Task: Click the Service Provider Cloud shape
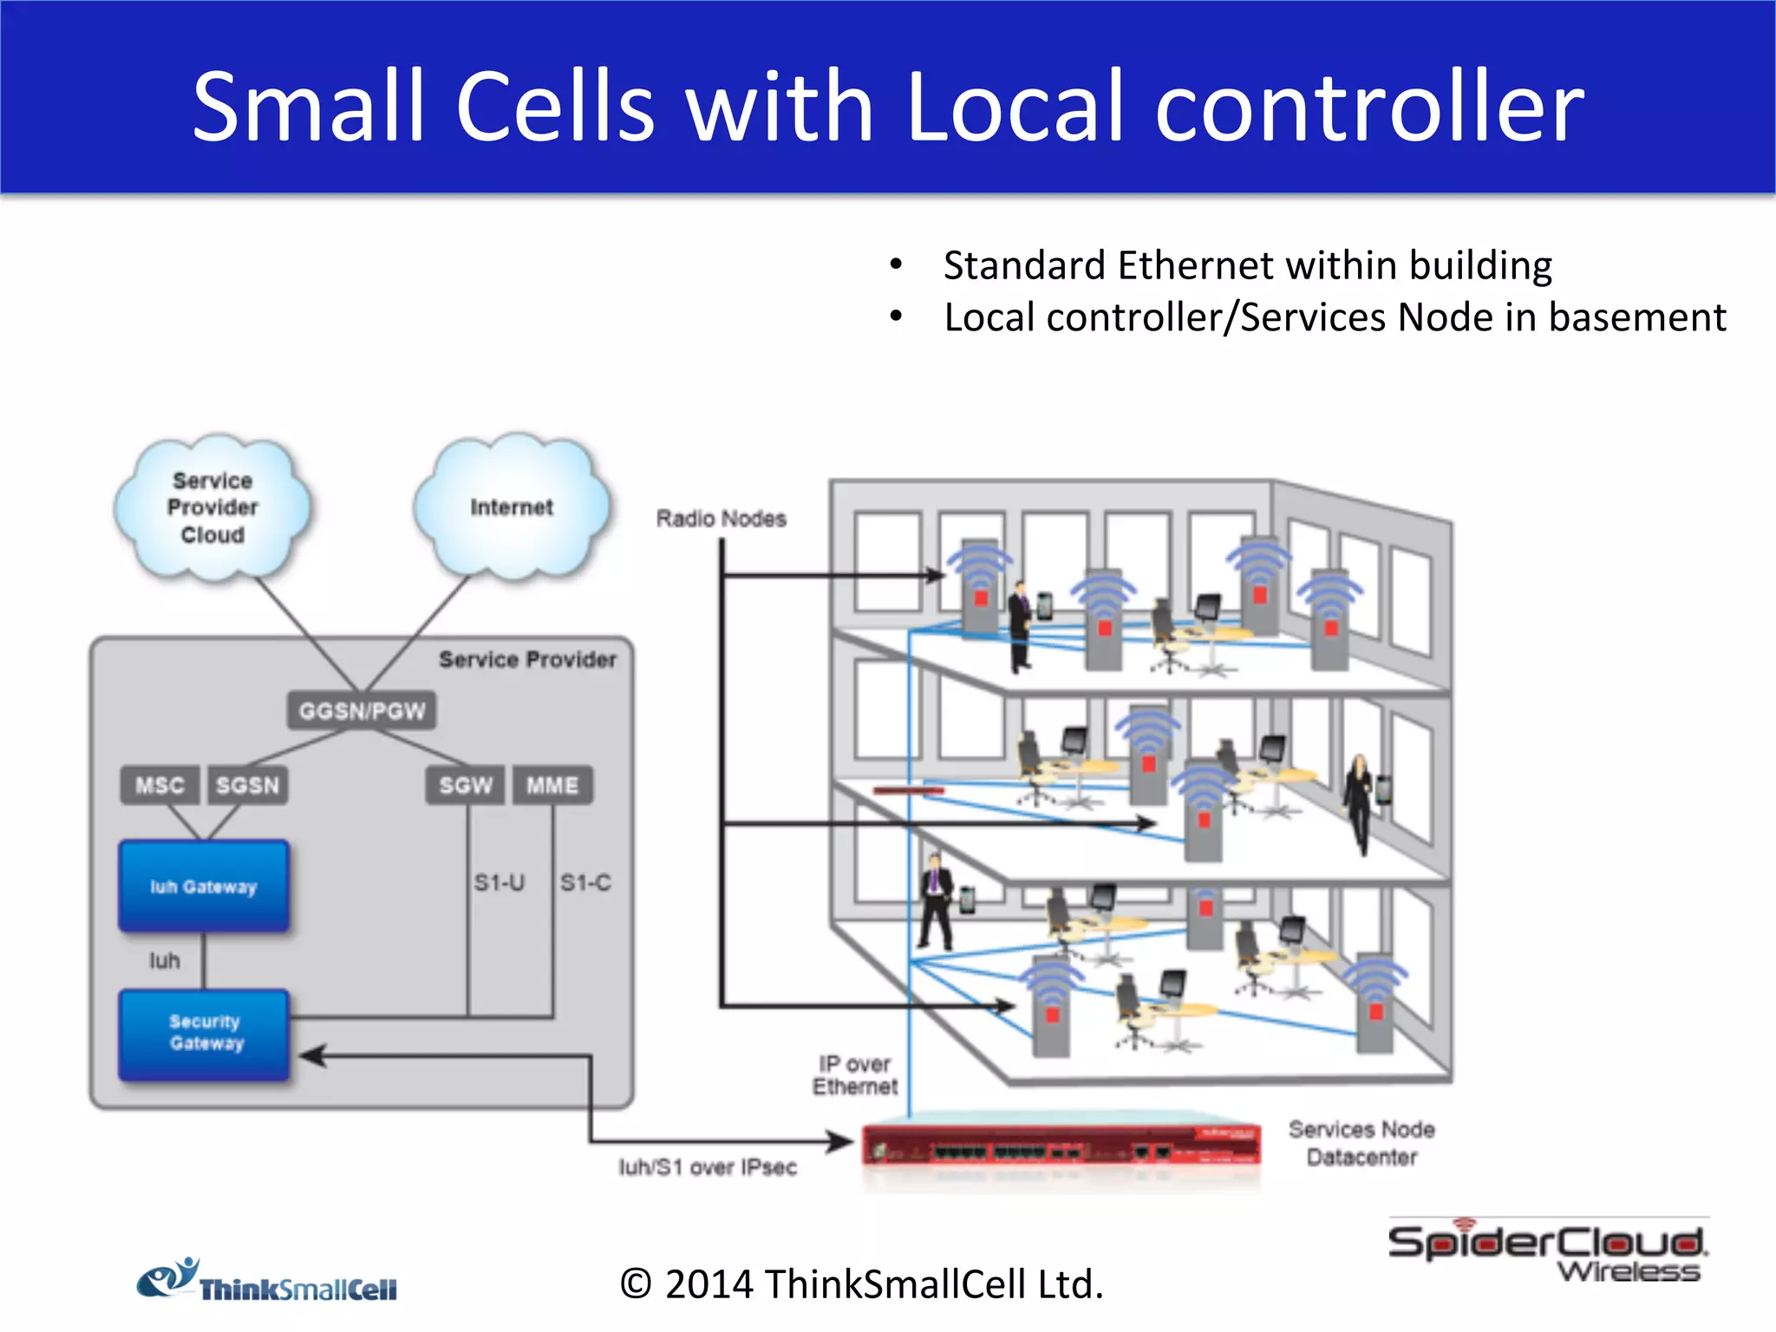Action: (x=212, y=508)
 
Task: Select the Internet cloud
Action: (x=512, y=508)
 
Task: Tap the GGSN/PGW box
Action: (x=362, y=711)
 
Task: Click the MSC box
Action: (x=160, y=786)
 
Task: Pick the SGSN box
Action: (x=248, y=786)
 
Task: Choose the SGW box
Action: (x=466, y=786)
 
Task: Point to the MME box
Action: (x=552, y=786)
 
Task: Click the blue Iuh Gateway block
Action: (x=204, y=886)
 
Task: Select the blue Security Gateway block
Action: (x=205, y=1034)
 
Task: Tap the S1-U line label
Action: (x=499, y=883)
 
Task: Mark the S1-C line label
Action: (x=585, y=883)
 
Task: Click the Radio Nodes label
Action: (x=721, y=519)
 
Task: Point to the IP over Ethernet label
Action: (x=855, y=1075)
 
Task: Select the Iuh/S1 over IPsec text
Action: (x=708, y=1167)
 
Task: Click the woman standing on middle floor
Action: (x=1358, y=803)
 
